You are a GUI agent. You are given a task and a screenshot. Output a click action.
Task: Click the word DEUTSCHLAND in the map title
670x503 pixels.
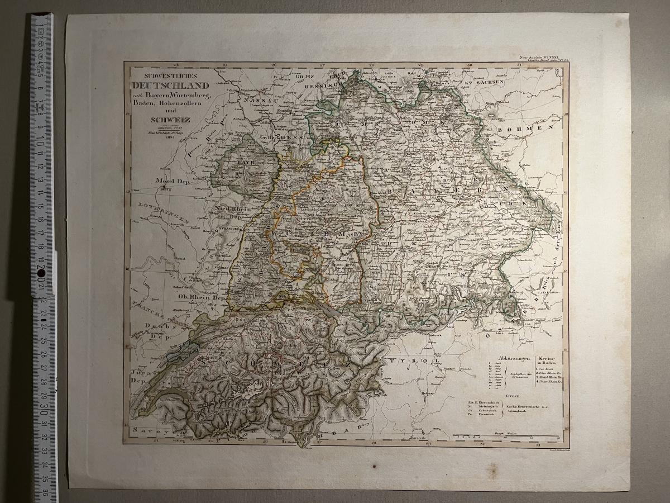(170, 86)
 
